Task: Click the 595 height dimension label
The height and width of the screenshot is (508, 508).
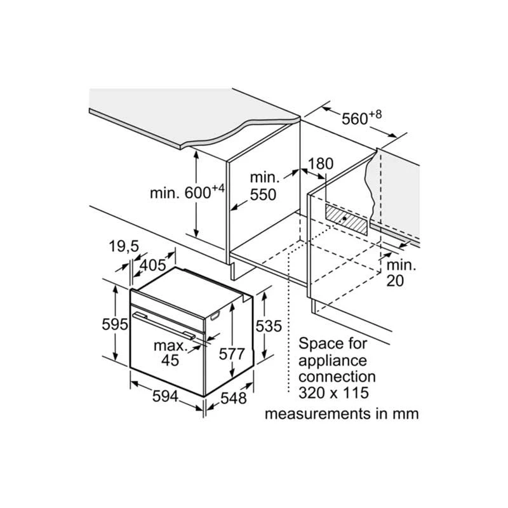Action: [x=115, y=324]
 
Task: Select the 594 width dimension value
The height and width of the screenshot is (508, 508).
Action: [x=165, y=396]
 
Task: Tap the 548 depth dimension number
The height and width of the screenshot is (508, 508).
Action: [x=234, y=398]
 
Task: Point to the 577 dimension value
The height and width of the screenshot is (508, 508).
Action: [x=232, y=354]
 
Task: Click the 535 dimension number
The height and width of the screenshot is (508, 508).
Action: [x=269, y=326]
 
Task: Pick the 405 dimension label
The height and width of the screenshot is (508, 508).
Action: [x=152, y=265]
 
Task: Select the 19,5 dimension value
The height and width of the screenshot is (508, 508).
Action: [x=124, y=246]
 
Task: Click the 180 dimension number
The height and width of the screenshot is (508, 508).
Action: [x=321, y=164]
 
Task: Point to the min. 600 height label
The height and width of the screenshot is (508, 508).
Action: [x=187, y=192]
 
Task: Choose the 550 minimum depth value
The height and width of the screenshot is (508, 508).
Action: [x=263, y=194]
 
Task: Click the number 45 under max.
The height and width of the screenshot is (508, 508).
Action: [x=170, y=360]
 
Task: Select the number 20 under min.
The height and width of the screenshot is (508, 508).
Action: [x=395, y=281]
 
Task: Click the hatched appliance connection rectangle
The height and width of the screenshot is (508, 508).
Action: [x=346, y=219]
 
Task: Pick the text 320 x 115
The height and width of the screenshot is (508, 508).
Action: [x=334, y=392]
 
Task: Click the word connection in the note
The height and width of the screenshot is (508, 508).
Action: [x=337, y=377]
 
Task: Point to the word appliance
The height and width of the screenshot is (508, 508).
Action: [x=332, y=361]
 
